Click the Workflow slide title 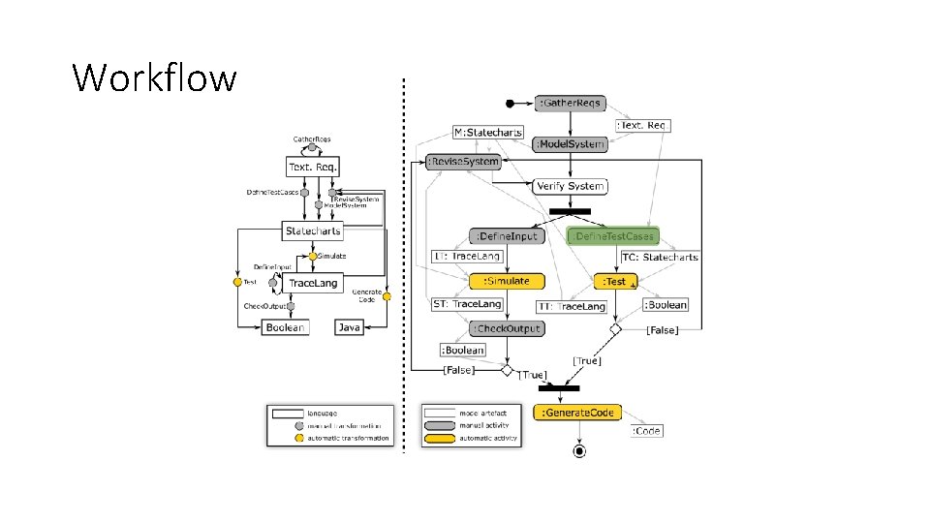point(154,77)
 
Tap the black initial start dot point(511,103)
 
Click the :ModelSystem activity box point(570,144)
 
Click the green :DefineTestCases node point(613,236)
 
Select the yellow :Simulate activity point(507,281)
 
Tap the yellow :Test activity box point(615,281)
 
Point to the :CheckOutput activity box point(507,328)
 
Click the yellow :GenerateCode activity point(579,413)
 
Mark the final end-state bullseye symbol point(579,450)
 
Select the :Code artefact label point(647,430)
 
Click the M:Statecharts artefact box point(488,132)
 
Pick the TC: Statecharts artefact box point(659,258)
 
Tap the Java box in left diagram point(349,327)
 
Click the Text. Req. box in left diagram point(312,168)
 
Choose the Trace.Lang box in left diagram point(313,283)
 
